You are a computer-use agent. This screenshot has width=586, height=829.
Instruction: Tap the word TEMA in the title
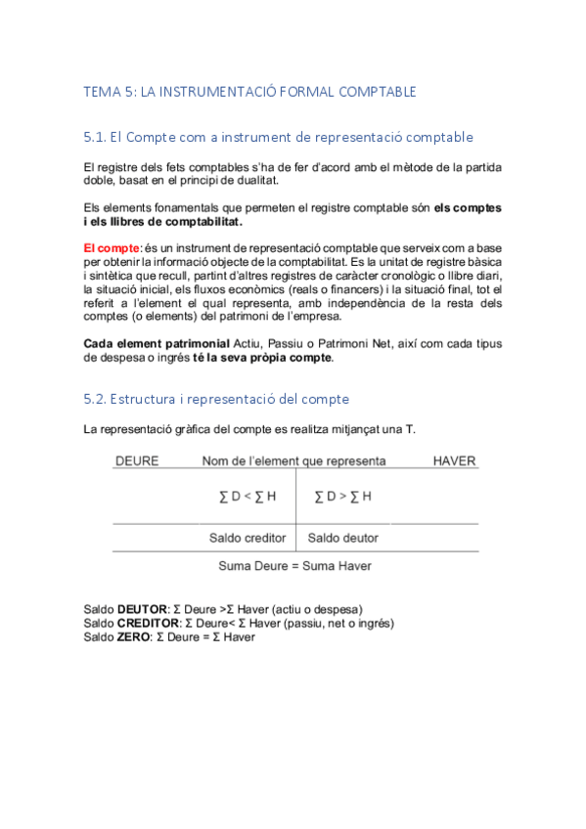coord(103,92)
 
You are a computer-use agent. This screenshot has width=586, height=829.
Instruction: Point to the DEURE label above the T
coord(137,460)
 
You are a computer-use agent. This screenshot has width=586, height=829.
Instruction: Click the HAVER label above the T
coord(454,460)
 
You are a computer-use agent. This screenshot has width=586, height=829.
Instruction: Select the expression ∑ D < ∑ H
coord(248,497)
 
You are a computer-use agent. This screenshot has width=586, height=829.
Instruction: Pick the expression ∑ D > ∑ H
coord(342,497)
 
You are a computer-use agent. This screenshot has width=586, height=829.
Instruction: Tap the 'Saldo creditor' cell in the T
coord(248,538)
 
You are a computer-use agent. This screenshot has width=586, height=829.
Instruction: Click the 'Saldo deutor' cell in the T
coord(343,538)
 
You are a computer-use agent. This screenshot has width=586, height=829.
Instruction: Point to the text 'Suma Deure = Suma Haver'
coord(294,565)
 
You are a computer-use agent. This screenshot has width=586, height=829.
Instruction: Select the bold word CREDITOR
coord(147,623)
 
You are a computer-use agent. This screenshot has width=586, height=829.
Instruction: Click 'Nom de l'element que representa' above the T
coord(293,460)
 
